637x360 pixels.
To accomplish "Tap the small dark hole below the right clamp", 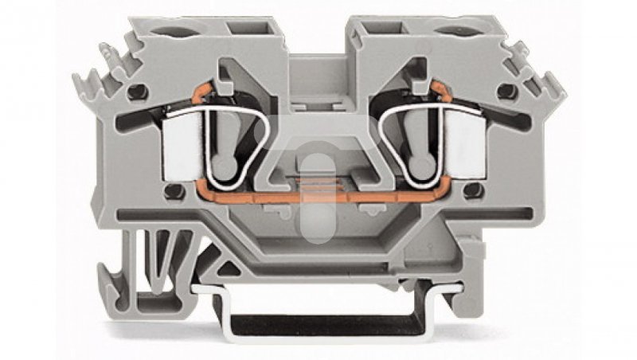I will [475, 191].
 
